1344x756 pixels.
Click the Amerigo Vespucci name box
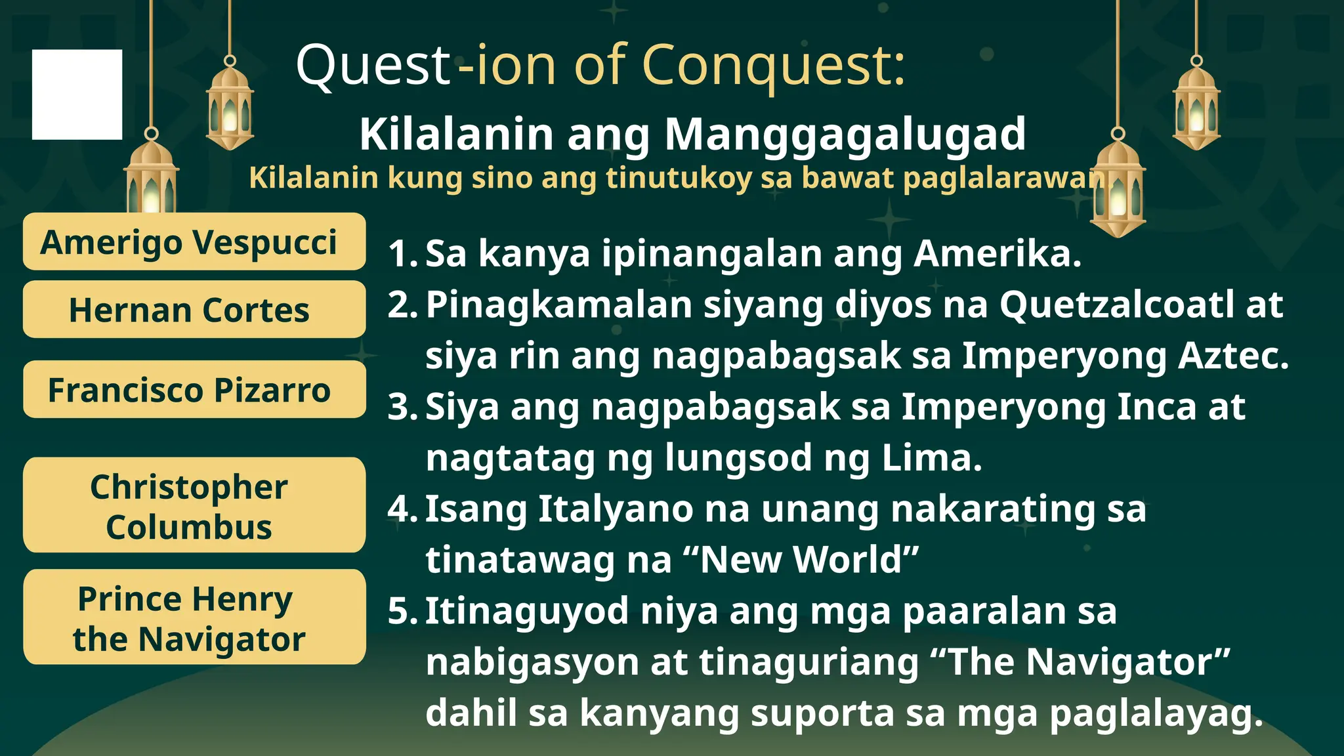194,241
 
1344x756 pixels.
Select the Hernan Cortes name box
194,310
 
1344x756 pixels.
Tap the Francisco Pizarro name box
194,390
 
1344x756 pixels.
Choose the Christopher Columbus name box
194,505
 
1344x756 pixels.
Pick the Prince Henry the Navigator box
194,618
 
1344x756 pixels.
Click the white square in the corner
77,94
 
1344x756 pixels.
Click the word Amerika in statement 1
997,253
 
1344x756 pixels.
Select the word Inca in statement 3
1156,407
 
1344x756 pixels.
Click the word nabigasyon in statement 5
532,661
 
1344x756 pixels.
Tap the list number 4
400,509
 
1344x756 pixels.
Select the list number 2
400,304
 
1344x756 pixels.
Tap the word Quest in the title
373,66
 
